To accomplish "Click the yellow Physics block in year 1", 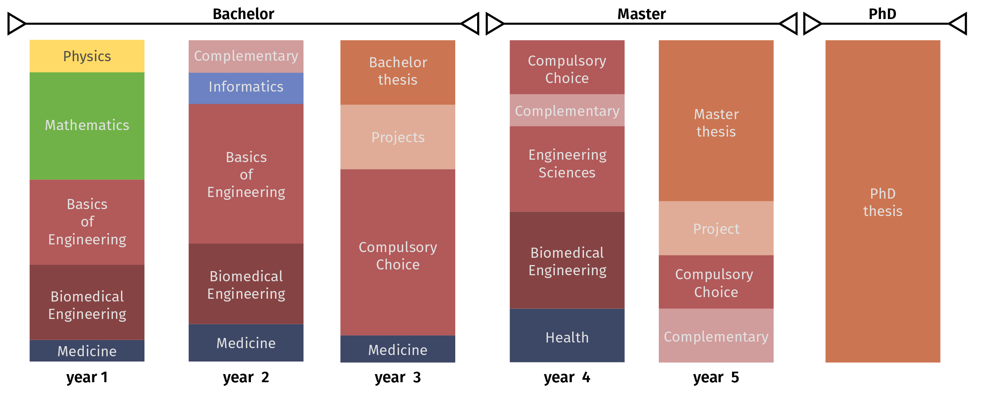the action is [87, 56].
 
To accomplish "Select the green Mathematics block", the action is [87, 126].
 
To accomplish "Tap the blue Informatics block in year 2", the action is [246, 88].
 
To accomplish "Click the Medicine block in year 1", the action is [87, 351].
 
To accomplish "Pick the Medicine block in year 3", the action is [398, 349].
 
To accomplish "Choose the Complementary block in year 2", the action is [246, 56].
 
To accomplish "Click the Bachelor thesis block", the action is [398, 72].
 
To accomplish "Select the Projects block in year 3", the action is [398, 137].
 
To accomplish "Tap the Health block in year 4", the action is [567, 336].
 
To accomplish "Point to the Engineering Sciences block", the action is [567, 169].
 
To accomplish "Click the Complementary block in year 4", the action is [567, 110].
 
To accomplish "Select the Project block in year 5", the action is [716, 228].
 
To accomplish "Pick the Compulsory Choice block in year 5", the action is [716, 282].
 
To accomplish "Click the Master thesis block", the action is [716, 121].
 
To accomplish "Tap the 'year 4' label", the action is [567, 377].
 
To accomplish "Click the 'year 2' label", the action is [246, 377].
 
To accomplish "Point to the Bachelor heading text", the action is [244, 14].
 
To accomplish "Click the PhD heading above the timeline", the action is [883, 14].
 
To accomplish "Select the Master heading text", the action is [641, 14].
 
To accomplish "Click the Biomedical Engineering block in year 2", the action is [246, 284].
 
